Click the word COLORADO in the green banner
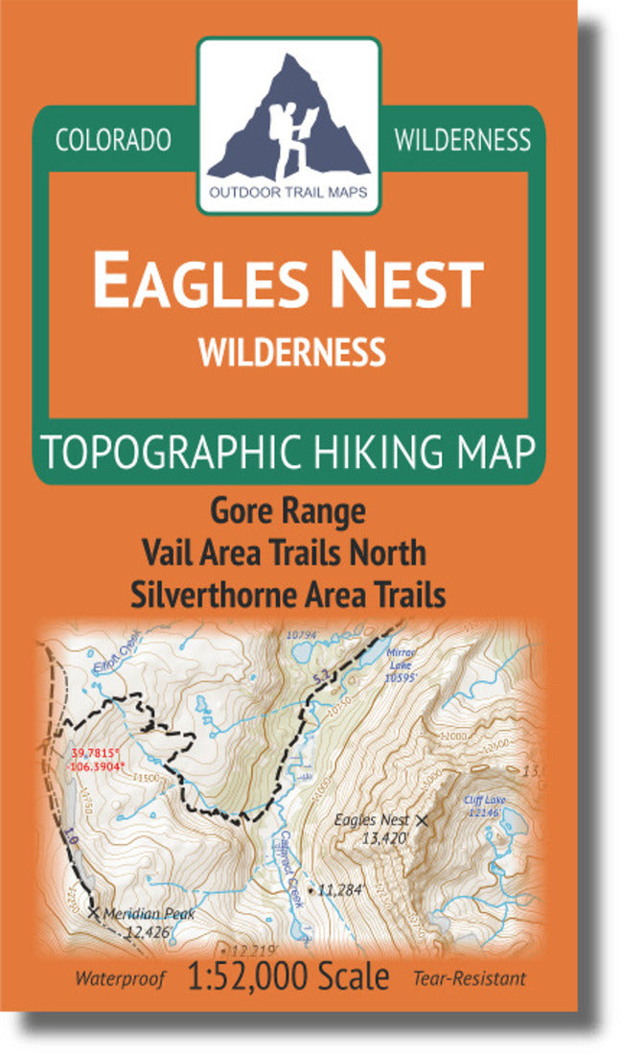(113, 140)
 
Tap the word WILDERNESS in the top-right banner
(462, 140)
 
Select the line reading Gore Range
(287, 511)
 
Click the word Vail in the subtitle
(170, 552)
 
